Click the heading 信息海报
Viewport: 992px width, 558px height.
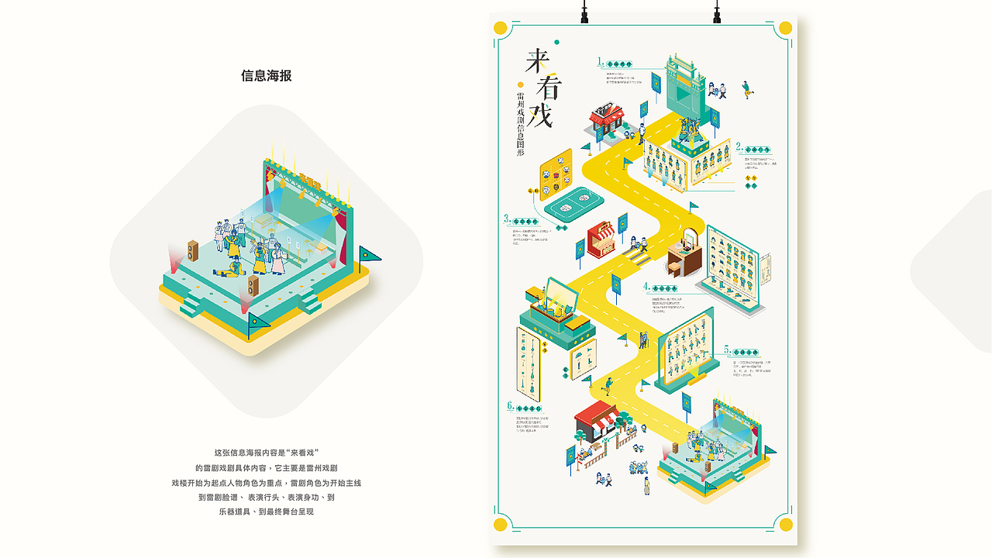coord(266,76)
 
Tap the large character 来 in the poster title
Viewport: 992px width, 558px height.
coord(537,60)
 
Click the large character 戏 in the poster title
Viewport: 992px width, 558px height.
coord(540,114)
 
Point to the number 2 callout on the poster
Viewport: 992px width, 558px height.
coord(739,145)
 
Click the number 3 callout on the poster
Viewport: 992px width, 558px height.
coord(506,219)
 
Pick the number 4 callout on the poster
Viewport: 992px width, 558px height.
coord(646,286)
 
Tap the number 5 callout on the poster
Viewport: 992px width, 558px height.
coord(727,350)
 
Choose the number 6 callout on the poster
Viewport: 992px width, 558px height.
coord(510,405)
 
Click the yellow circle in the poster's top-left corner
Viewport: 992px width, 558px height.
coord(501,29)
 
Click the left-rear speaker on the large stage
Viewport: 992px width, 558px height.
coord(192,250)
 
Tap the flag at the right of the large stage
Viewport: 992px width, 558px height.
coord(367,256)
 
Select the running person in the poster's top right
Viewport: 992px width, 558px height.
coord(746,88)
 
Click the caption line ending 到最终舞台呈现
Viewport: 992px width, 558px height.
coord(266,511)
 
